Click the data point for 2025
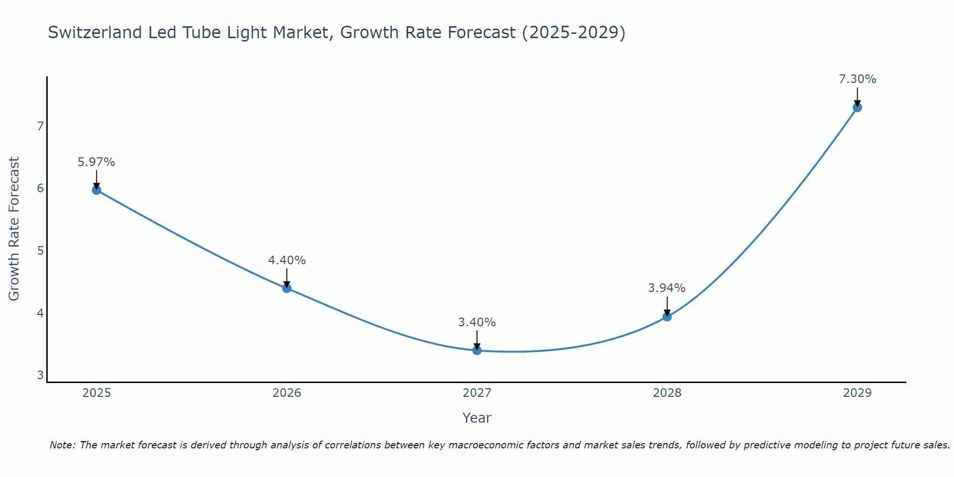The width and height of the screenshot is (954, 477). point(96,190)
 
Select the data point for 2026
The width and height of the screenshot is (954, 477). point(287,288)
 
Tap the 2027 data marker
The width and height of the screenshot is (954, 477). point(477,351)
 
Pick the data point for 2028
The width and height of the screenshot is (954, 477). point(667,317)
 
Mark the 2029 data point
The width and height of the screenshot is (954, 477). point(857,107)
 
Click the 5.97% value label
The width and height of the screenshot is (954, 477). point(96,162)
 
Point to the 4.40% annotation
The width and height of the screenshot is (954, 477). point(287,260)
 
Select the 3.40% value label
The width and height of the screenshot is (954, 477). point(477,322)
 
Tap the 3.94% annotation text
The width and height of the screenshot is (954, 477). point(667,288)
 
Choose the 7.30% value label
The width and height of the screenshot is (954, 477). point(857,79)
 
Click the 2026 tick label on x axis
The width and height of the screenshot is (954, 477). point(287,393)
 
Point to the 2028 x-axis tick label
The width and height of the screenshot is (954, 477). point(667,393)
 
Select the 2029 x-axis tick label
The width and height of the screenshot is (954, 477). point(857,393)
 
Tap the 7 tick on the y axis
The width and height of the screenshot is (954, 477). point(40,126)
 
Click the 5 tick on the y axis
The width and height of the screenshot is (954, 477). point(40,251)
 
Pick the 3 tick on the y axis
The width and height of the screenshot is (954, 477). point(40,375)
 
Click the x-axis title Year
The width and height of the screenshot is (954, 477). point(477,418)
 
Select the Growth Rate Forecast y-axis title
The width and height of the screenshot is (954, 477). point(14,229)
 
